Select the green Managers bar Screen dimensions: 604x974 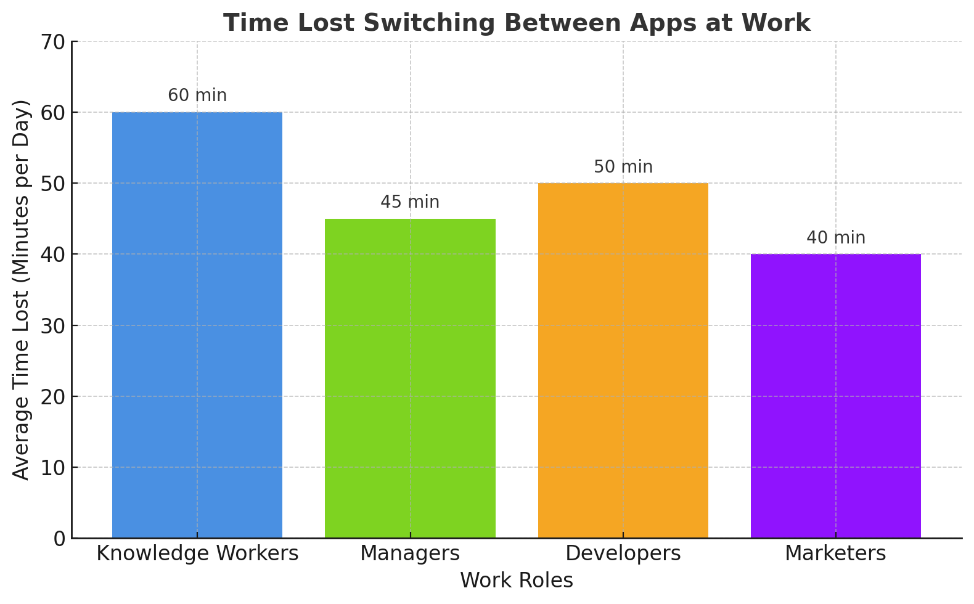pyautogui.click(x=410, y=378)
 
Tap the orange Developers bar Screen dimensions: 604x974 pyautogui.click(x=623, y=361)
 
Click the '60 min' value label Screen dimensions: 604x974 pyautogui.click(x=197, y=96)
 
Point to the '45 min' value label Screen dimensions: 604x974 pyautogui.click(x=410, y=202)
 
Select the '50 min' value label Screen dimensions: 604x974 pyautogui.click(x=623, y=167)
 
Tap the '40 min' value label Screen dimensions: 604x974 pyautogui.click(x=835, y=238)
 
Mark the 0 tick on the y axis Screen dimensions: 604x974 pyautogui.click(x=59, y=539)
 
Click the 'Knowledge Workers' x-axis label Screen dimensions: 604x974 pyautogui.click(x=197, y=553)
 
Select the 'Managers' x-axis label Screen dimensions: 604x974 pyautogui.click(x=410, y=553)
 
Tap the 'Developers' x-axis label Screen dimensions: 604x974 pyautogui.click(x=623, y=553)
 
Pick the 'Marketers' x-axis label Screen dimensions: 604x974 pyautogui.click(x=835, y=553)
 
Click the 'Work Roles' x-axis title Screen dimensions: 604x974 pyautogui.click(x=517, y=581)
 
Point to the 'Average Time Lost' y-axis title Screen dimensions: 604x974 pyautogui.click(x=22, y=290)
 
